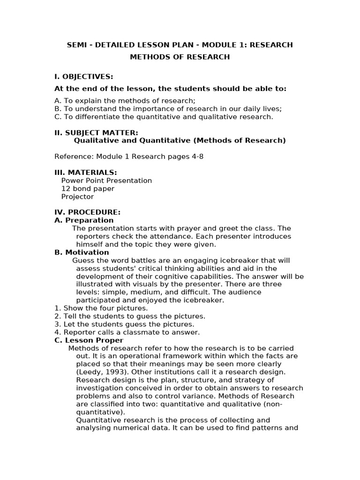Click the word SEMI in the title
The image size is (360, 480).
(77, 45)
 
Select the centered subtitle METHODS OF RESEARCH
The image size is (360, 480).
(180, 57)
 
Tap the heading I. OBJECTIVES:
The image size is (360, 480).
(84, 76)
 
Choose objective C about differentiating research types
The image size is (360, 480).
(164, 117)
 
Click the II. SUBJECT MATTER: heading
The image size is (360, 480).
(96, 133)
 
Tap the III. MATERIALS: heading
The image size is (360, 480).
(86, 172)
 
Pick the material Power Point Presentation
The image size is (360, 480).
(106, 180)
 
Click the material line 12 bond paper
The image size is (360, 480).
(88, 188)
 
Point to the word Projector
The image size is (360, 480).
(77, 196)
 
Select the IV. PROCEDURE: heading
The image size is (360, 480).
(88, 212)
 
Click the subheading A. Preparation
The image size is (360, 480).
(84, 220)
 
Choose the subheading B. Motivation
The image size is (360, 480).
(82, 252)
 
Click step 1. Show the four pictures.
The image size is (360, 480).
(101, 308)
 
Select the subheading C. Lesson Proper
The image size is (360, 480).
(89, 340)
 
